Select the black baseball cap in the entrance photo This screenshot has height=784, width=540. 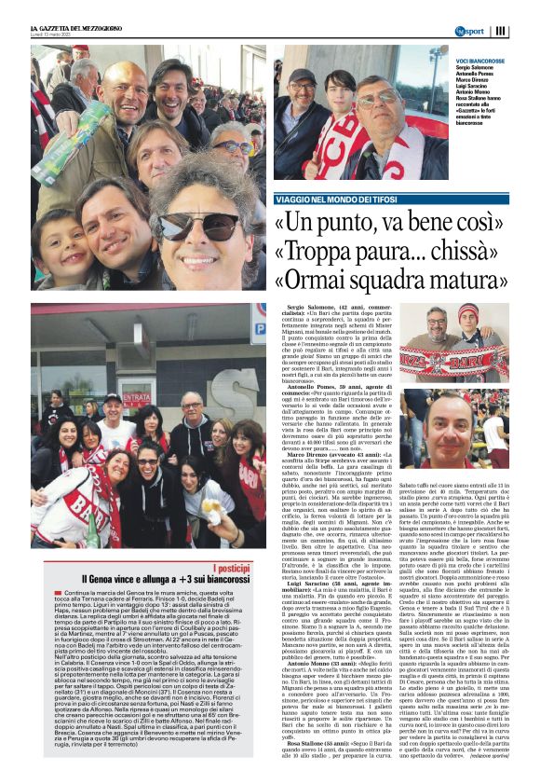(113, 398)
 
